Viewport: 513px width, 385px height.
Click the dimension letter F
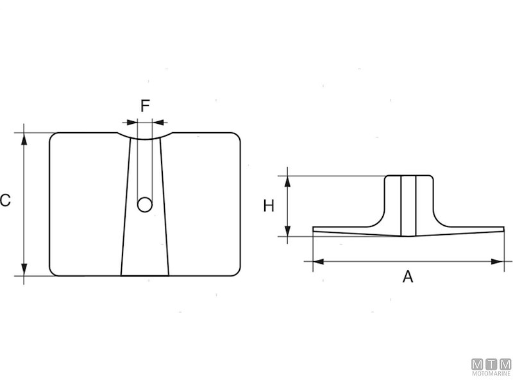tap(146, 106)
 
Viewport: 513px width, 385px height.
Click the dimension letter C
tap(5, 201)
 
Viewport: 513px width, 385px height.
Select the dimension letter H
tap(269, 206)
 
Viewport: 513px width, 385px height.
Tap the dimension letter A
tap(407, 277)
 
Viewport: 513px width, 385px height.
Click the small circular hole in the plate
tap(146, 205)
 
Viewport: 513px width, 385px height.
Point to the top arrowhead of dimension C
tap(24, 137)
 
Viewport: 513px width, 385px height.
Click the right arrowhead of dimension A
tap(499, 261)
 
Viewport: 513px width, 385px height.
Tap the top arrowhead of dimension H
tap(288, 180)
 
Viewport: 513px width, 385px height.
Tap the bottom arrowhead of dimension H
tap(288, 232)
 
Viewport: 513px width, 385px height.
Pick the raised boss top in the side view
tap(408, 176)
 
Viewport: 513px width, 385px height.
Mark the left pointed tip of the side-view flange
tap(314, 229)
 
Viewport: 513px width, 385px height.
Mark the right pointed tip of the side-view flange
tap(503, 229)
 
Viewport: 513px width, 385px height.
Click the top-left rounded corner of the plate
tap(54, 137)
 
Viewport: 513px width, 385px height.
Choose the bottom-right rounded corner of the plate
tap(237, 272)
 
